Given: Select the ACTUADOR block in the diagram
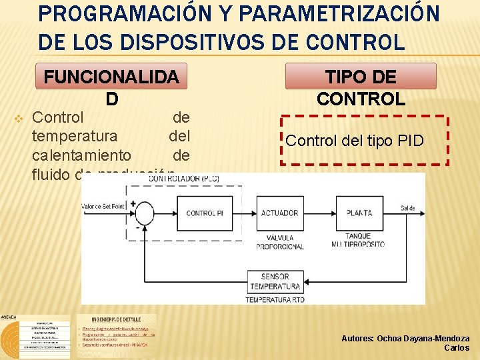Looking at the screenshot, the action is tap(280, 213).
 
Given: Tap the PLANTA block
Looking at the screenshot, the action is tap(359, 213).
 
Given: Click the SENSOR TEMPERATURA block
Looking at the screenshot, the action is tap(275, 281).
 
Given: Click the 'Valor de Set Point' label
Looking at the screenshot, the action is tap(103, 207).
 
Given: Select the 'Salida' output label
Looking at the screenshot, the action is tap(408, 209).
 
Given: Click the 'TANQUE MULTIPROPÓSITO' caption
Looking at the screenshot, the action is tap(359, 240).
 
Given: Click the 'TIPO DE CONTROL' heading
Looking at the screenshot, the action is tap(361, 87).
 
